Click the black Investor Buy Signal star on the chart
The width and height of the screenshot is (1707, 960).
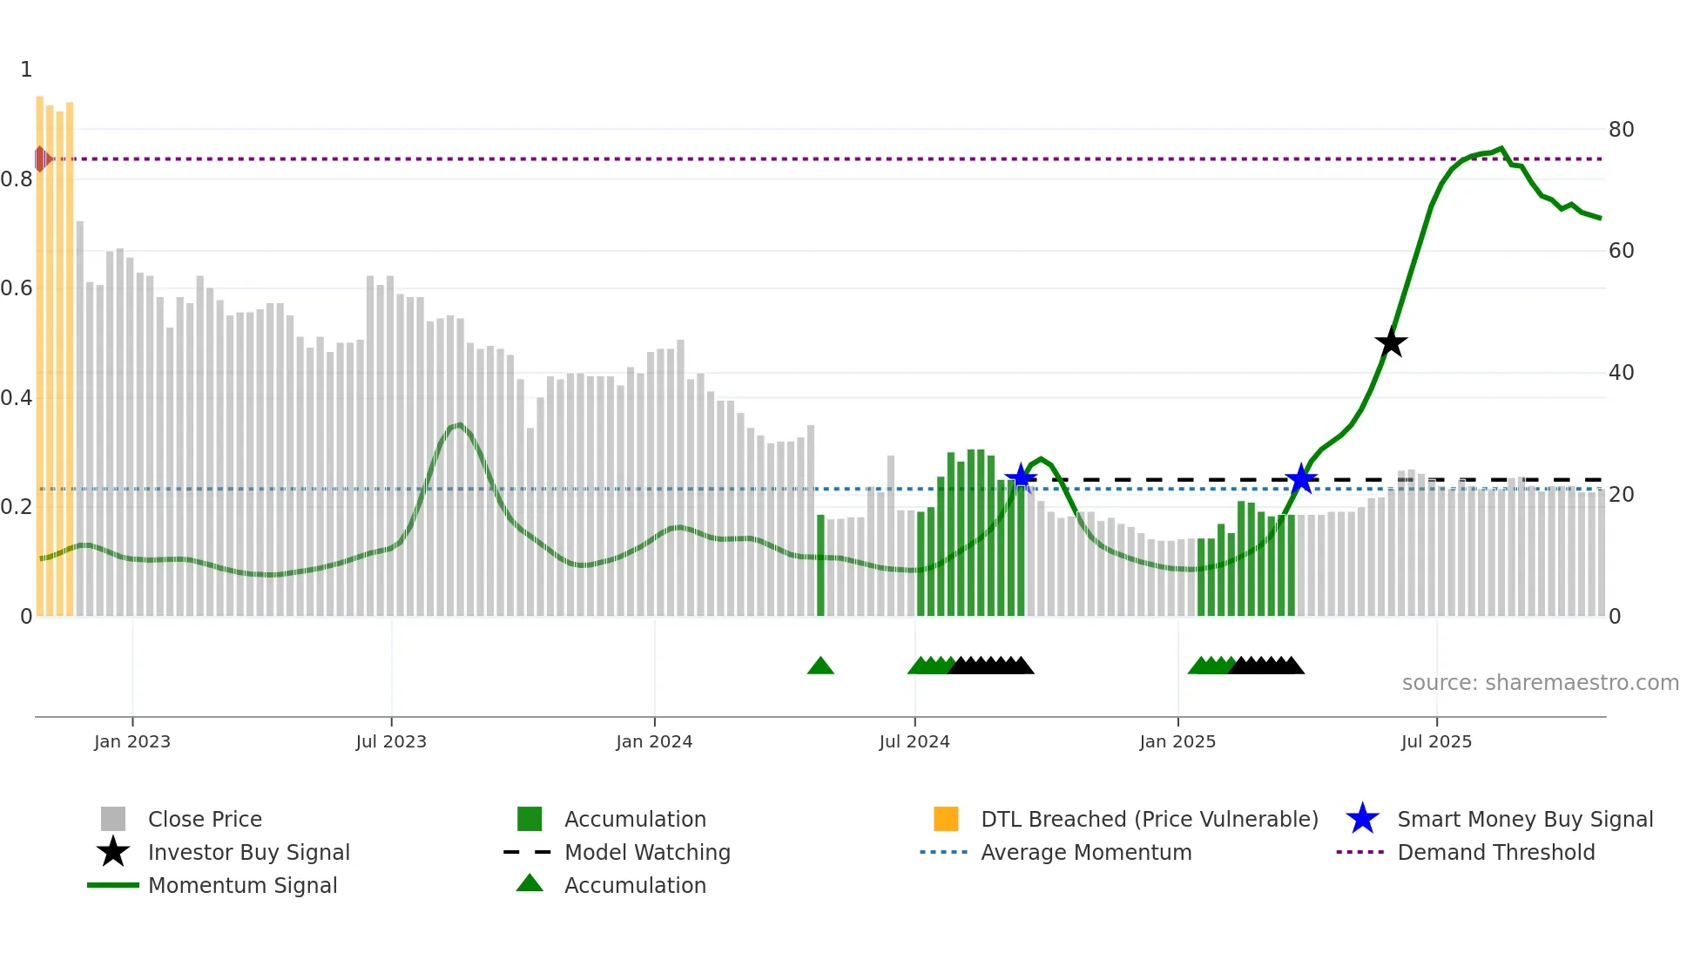pyautogui.click(x=1391, y=342)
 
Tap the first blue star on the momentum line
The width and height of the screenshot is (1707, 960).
pyautogui.click(x=1021, y=477)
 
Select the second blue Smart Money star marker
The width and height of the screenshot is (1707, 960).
pyautogui.click(x=1301, y=478)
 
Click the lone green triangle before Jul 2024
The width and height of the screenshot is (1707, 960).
pyautogui.click(x=820, y=666)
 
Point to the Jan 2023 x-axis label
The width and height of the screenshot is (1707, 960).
pyautogui.click(x=132, y=741)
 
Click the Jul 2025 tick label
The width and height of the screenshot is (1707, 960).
pyautogui.click(x=1436, y=741)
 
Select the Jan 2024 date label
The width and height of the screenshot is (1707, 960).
pyautogui.click(x=654, y=741)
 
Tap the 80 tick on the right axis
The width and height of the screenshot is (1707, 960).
pyautogui.click(x=1621, y=130)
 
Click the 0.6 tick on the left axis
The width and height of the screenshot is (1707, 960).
pyautogui.click(x=17, y=288)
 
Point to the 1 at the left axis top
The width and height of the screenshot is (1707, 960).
pyautogui.click(x=26, y=70)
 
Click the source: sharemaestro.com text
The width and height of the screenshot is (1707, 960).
pyautogui.click(x=1540, y=683)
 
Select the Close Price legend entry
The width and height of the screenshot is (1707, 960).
pyautogui.click(x=205, y=819)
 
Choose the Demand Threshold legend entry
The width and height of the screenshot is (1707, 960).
pyautogui.click(x=1495, y=852)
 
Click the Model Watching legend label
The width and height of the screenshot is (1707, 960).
pyautogui.click(x=647, y=852)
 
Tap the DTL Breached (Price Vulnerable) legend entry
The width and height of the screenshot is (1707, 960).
pyautogui.click(x=1149, y=819)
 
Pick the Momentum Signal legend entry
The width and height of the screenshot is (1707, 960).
pyautogui.click(x=242, y=885)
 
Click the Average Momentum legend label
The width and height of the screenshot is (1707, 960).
pyautogui.click(x=1086, y=852)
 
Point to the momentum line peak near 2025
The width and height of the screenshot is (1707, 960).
pyautogui.click(x=1501, y=148)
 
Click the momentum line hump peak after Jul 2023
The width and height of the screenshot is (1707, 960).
pyautogui.click(x=459, y=424)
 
